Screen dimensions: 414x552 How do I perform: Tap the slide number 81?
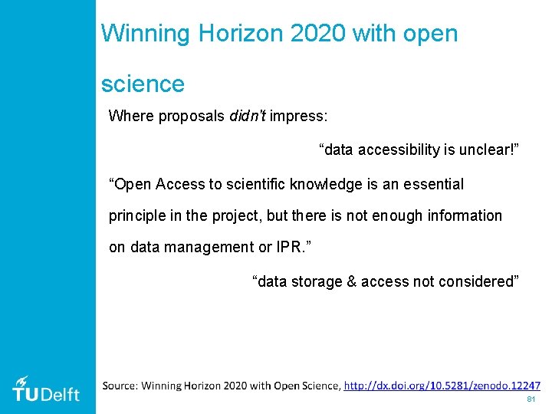click(x=531, y=400)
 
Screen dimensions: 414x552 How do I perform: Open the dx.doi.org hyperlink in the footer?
click(x=442, y=386)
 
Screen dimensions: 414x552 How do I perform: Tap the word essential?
click(x=433, y=184)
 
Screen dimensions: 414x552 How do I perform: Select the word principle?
click(x=136, y=215)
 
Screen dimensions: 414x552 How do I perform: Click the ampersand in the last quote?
click(x=352, y=281)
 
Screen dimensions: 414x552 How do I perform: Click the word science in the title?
click(x=143, y=83)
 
